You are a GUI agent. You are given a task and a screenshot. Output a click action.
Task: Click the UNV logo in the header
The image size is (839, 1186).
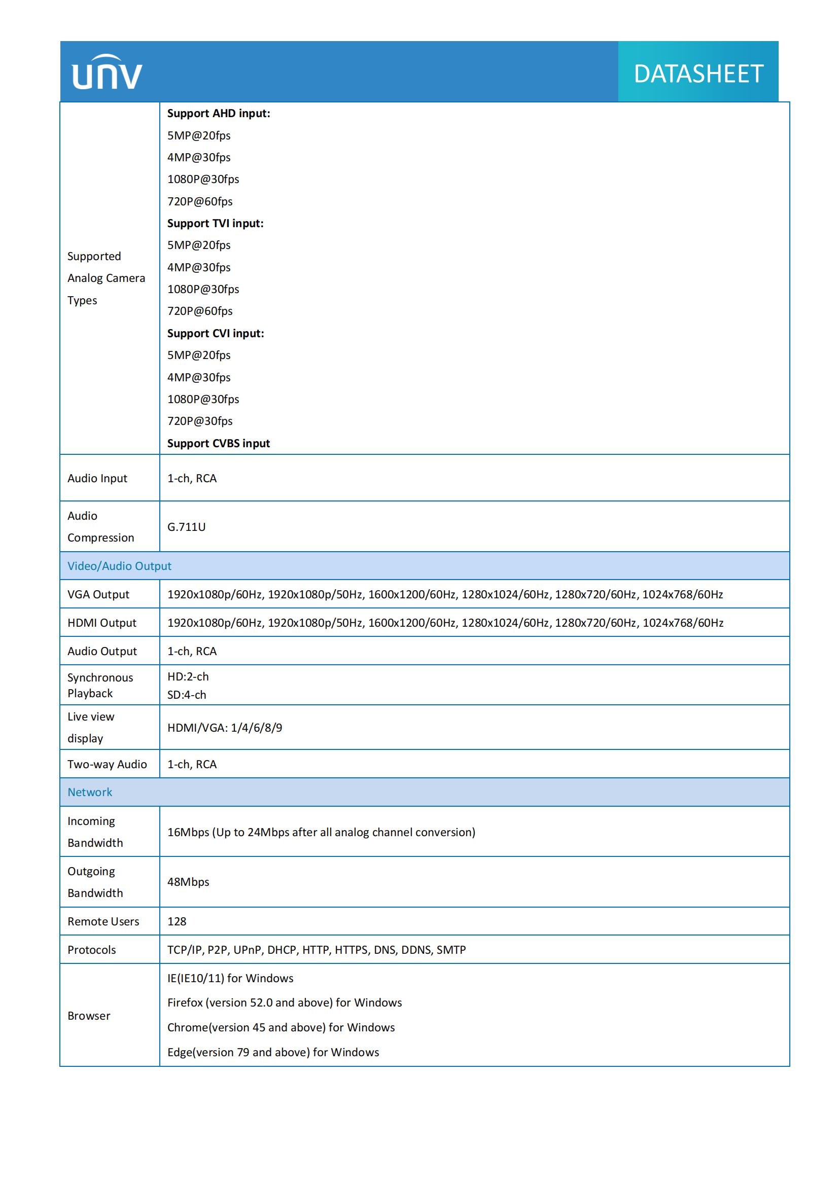107,73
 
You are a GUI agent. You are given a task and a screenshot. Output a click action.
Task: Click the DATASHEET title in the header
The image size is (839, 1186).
698,74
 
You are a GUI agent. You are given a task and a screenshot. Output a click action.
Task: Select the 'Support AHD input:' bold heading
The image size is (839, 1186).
219,113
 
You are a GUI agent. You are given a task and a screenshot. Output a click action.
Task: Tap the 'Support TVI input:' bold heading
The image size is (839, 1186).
215,223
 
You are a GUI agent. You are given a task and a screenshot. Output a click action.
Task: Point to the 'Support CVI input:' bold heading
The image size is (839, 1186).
216,333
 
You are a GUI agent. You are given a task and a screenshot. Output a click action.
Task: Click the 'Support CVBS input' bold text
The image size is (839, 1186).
219,443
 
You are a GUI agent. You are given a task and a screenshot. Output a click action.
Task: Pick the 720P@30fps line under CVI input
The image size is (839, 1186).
200,421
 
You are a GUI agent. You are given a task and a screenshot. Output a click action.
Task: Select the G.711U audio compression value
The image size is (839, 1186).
187,527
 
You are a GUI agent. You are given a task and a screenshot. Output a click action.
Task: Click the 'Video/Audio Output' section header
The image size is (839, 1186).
119,566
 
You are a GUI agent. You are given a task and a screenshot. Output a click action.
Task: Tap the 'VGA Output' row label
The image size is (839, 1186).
98,595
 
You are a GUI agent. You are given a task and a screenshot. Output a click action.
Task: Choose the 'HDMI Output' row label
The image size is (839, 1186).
102,623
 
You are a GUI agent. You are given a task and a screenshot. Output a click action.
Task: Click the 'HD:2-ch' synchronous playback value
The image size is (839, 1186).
188,677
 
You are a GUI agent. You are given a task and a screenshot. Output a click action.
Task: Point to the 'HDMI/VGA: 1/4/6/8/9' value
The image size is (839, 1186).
225,728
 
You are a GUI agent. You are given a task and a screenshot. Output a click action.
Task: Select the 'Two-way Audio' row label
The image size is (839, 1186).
107,765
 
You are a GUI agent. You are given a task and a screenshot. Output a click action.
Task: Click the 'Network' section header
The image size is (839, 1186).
90,793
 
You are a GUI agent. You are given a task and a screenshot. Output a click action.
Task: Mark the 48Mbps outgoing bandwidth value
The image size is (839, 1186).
188,882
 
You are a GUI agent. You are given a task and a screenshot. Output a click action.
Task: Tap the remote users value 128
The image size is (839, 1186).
177,921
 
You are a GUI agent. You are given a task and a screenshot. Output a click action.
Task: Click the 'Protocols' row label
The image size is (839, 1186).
91,950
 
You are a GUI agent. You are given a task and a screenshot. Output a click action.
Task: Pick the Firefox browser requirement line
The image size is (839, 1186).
284,1002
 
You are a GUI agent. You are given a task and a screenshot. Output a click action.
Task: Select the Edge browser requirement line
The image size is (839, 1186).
273,1052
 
